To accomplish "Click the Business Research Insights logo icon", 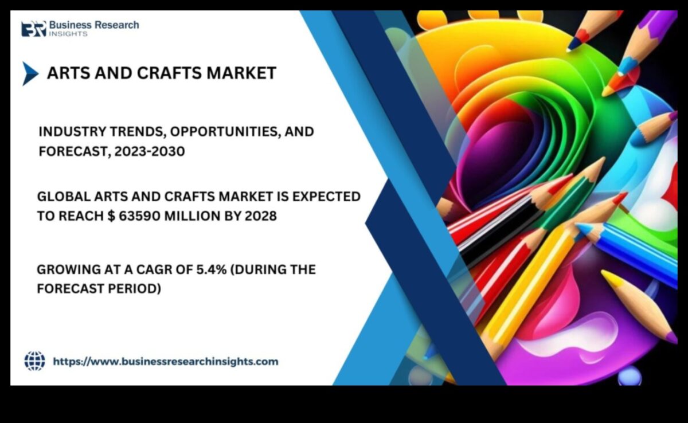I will point(33,28).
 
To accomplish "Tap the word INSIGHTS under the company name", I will point(68,34).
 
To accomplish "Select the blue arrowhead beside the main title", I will point(30,73).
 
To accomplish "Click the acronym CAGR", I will point(154,269).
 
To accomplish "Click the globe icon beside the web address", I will point(34,361).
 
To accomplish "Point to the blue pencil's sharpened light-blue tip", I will point(584,229).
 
